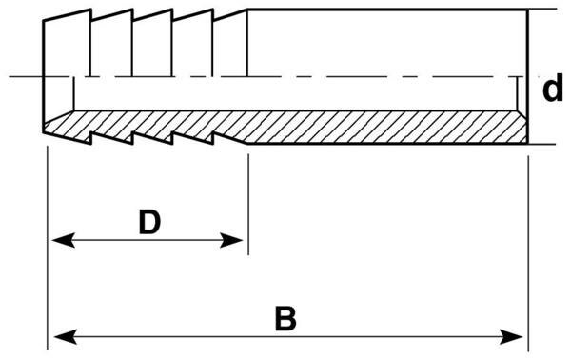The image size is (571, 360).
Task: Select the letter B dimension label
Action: click(285, 318)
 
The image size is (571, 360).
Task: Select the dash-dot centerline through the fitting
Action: click(381, 76)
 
